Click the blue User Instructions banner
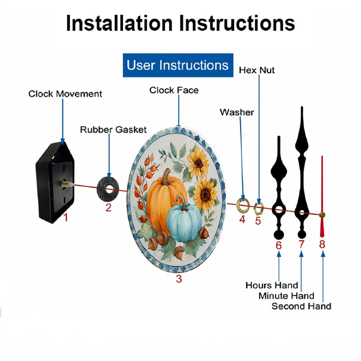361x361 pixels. pyautogui.click(x=178, y=65)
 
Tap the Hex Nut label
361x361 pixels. pyautogui.click(x=257, y=70)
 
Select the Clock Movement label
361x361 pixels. pyautogui.click(x=65, y=94)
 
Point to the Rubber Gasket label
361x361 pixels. pyautogui.click(x=113, y=130)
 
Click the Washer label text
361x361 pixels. pyautogui.click(x=237, y=112)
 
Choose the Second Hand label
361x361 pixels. pyautogui.click(x=301, y=306)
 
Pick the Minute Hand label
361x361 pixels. pyautogui.click(x=286, y=296)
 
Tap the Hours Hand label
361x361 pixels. pyautogui.click(x=272, y=286)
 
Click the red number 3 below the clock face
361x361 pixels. pyautogui.click(x=179, y=279)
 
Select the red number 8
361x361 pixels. pyautogui.click(x=322, y=244)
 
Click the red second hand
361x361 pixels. pyautogui.click(x=322, y=197)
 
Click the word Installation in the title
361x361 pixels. pyautogui.click(x=119, y=23)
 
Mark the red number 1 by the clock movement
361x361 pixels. pyautogui.click(x=66, y=217)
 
